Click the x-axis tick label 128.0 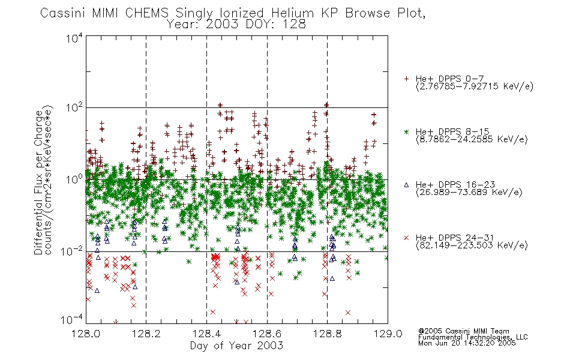click(86, 334)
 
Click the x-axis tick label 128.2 click(146, 334)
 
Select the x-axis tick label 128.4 click(206, 334)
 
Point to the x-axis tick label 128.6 click(267, 334)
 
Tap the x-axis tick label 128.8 click(327, 334)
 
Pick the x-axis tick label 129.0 click(388, 334)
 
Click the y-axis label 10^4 click(74, 38)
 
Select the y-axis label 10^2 click(74, 107)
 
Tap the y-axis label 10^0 click(74, 179)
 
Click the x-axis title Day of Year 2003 click(236, 346)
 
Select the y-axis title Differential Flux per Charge click(38, 182)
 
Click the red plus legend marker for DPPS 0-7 click(406, 79)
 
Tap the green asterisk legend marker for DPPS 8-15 click(406, 131)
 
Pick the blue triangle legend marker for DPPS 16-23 click(406, 185)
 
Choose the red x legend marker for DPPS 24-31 click(406, 238)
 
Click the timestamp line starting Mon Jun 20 click(467, 343)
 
